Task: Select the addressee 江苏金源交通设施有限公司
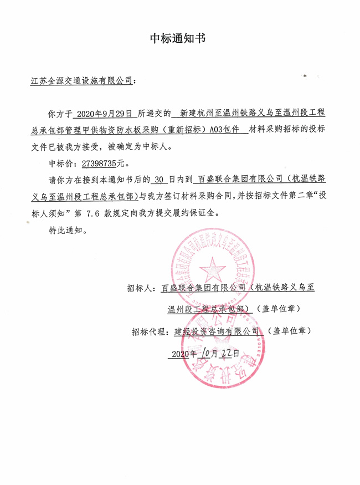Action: (81, 81)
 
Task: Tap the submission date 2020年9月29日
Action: (105, 115)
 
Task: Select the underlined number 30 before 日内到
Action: (160, 181)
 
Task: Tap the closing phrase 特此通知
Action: (66, 230)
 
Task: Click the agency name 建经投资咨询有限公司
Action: (217, 331)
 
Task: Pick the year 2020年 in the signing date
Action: (184, 354)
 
